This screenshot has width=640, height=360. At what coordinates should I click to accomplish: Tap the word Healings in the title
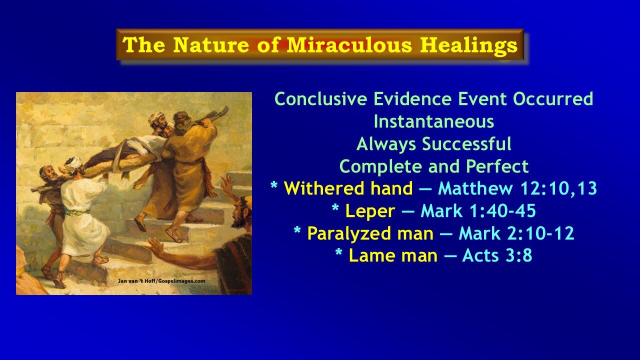tap(468, 45)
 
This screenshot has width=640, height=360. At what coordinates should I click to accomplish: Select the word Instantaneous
tap(433, 121)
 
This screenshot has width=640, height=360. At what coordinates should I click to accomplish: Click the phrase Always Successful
tap(433, 144)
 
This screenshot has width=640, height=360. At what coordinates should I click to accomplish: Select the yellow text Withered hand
tap(348, 188)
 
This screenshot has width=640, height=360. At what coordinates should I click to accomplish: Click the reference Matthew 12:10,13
tap(517, 188)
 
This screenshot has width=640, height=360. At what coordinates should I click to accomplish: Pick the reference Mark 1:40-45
tap(478, 211)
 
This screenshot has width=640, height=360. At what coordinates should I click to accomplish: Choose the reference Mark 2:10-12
tap(516, 233)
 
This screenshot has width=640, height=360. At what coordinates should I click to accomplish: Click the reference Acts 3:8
tap(497, 255)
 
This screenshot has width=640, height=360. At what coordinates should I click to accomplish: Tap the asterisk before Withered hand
tap(274, 187)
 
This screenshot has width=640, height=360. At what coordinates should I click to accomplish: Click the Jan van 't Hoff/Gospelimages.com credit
tap(161, 281)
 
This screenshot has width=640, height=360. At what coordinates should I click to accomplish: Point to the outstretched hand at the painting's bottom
tap(154, 246)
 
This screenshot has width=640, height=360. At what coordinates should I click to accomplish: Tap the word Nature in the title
tap(210, 45)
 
